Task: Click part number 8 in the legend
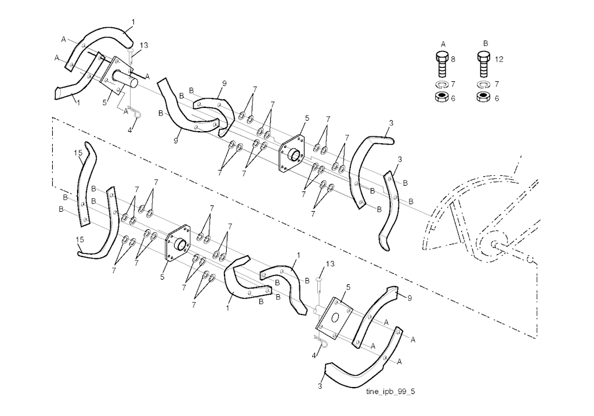(453, 59)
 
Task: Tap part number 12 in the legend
(499, 59)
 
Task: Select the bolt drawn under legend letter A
(441, 64)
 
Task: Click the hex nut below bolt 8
(441, 97)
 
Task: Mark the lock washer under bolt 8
(441, 84)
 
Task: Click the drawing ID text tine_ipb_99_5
(390, 392)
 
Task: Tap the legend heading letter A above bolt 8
(443, 44)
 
